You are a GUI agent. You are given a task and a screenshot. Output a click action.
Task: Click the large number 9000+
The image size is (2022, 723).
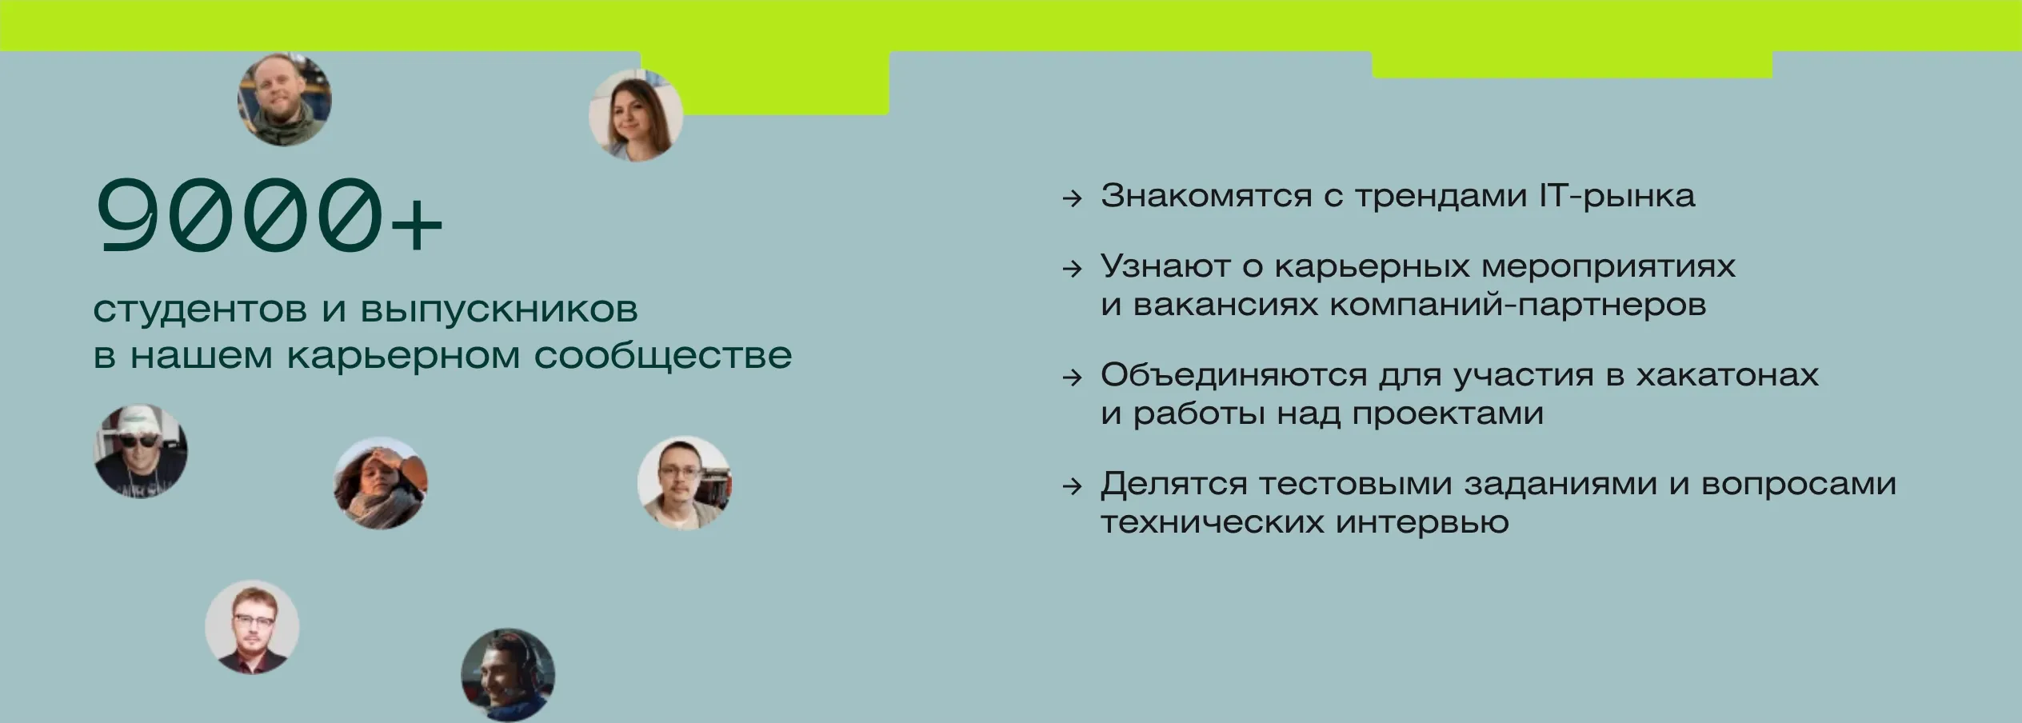point(269,216)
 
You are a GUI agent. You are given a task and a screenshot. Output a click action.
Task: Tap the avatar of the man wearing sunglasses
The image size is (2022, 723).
point(141,452)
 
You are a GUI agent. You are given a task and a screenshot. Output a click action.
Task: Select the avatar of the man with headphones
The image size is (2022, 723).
point(508,675)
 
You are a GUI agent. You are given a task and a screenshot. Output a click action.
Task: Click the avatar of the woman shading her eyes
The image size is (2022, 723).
point(381,483)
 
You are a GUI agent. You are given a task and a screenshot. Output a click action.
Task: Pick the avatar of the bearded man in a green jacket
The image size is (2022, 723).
point(285,99)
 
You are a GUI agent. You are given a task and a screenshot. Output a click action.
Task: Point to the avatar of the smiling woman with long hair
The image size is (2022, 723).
point(636,115)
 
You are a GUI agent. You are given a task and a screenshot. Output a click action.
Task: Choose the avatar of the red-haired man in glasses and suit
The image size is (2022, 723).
point(252,627)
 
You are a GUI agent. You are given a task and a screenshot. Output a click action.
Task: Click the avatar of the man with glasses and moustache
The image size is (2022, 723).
point(685,483)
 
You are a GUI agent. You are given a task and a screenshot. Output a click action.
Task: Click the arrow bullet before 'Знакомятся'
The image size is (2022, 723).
point(1072,198)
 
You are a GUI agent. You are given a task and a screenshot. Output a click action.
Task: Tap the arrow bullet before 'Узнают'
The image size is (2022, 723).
point(1072,269)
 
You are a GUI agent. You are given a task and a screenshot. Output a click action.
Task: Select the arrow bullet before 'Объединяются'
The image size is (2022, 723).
point(1072,377)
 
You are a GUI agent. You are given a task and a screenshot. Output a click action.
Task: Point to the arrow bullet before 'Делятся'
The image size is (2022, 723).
point(1072,486)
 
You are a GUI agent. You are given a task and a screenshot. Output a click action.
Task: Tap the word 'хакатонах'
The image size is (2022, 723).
point(1728,375)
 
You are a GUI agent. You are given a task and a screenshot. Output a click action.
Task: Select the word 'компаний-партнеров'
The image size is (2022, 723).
point(1519,305)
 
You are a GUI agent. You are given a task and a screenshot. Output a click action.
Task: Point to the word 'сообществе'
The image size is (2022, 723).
point(663,355)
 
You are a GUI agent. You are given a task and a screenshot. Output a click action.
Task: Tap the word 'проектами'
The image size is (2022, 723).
point(1449,413)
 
